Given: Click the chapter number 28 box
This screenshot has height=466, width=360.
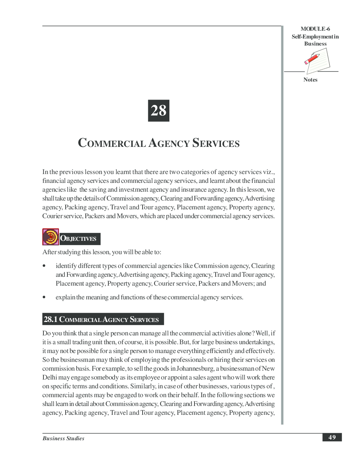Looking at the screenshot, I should [158, 110].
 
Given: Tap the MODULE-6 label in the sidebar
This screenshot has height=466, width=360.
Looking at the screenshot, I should [315, 29].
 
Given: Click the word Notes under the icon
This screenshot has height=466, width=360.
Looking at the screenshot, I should [310, 80].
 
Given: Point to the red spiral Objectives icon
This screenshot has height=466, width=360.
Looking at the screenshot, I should [50, 237].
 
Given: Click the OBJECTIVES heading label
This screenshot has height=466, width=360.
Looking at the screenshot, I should [78, 239].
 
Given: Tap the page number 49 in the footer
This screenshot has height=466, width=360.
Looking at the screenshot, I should [332, 437].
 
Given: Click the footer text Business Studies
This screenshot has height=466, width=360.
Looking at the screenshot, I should [64, 438].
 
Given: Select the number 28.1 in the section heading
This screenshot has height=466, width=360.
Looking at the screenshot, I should [50, 319].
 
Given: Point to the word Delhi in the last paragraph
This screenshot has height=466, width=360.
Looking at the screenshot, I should [49, 377].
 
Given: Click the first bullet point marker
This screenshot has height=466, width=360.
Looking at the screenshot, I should [44, 266].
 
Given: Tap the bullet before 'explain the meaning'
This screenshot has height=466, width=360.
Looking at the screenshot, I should [44, 297].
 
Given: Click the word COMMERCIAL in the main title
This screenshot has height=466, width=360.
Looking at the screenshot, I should [112, 143].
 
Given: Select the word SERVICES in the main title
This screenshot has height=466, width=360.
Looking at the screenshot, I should [216, 143].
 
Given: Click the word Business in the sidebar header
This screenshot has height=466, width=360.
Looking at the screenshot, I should [315, 44].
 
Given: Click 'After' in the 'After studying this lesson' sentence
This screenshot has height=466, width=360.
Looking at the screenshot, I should [49, 252].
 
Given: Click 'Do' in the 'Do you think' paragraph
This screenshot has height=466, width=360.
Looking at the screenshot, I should [46, 333].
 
